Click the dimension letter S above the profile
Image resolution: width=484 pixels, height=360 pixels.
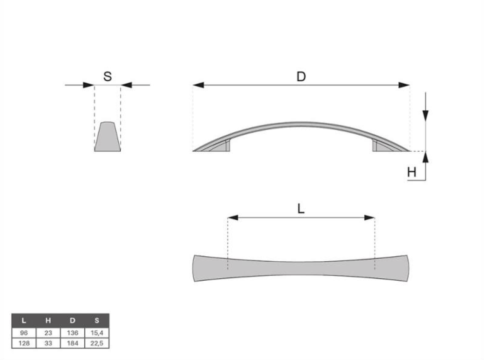pyautogui.click(x=108, y=76)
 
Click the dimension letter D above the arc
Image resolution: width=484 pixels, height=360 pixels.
pyautogui.click(x=301, y=76)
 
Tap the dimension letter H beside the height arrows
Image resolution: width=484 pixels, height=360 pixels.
pyautogui.click(x=411, y=172)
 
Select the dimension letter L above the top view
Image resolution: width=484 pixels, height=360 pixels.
pyautogui.click(x=300, y=209)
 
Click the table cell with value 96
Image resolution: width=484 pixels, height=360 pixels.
pyautogui.click(x=24, y=333)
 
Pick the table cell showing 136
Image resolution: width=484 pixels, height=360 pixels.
pyautogui.click(x=73, y=333)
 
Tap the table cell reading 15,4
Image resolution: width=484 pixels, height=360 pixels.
pyautogui.click(x=97, y=333)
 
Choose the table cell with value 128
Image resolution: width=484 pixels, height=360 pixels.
pyautogui.click(x=24, y=343)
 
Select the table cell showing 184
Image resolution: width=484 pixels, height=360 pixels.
pyautogui.click(x=73, y=343)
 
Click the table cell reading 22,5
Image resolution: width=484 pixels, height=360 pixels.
pyautogui.click(x=97, y=343)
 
